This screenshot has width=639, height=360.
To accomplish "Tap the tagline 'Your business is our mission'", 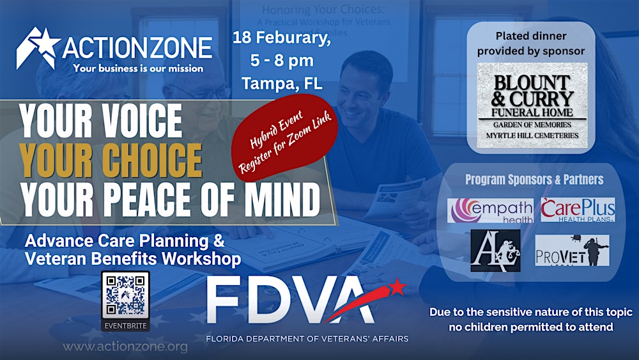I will pyautogui.click(x=138, y=68).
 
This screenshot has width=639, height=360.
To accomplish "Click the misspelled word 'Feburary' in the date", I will pyautogui.click(x=300, y=37).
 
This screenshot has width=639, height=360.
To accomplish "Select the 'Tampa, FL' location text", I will pyautogui.click(x=282, y=82).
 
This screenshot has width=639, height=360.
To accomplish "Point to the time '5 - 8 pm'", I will pyautogui.click(x=282, y=60).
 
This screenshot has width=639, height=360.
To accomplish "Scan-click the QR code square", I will pyautogui.click(x=125, y=295).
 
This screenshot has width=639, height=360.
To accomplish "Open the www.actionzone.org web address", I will pyautogui.click(x=125, y=347).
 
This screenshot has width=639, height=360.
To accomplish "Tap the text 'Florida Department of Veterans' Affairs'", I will pyautogui.click(x=307, y=338).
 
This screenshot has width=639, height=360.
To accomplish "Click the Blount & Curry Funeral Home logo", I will pyautogui.click(x=532, y=106).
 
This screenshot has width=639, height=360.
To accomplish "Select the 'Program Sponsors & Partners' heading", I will pyautogui.click(x=534, y=180).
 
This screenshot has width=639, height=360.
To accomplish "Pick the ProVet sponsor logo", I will pyautogui.click(x=571, y=250).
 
